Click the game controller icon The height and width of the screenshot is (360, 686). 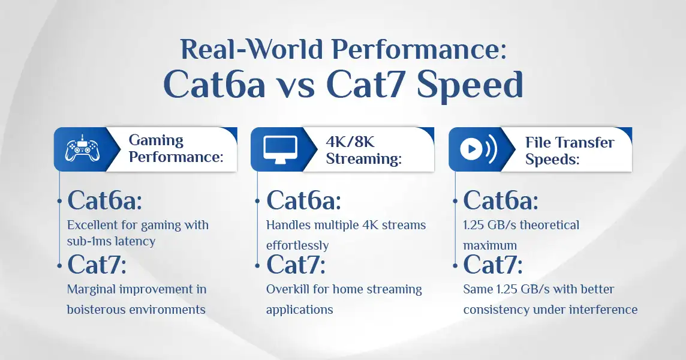pos(82,149)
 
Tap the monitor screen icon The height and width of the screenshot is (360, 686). pos(281,149)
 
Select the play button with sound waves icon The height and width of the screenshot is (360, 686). pos(478,149)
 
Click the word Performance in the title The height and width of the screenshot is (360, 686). pos(419,49)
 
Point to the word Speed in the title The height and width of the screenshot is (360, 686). pos(470,85)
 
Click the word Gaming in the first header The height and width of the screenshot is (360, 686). pos(156,140)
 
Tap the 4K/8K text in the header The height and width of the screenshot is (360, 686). pos(350,142)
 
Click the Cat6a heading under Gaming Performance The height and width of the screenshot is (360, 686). pos(104,200)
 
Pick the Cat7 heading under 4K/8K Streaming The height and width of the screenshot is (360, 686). pos(296,265)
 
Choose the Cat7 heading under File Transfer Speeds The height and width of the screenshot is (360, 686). pos(493,265)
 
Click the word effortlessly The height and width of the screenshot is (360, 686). pos(297,245)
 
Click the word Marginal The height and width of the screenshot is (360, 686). pos(91,289)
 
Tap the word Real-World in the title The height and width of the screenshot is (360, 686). pos(252,49)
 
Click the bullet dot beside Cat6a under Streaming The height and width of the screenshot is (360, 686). pos(258,201)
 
